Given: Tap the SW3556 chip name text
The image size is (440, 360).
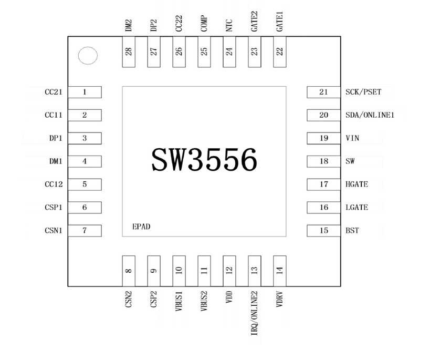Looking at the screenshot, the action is [204, 159].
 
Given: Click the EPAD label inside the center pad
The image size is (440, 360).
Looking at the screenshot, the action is [141, 227].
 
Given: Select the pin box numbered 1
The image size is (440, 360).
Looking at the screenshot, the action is [85, 92].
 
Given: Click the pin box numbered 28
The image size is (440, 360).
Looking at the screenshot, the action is [129, 52].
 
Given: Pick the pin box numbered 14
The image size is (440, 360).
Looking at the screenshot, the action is [280, 271].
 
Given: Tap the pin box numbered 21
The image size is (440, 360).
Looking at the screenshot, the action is [323, 92].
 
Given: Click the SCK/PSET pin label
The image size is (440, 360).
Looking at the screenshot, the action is [363, 92].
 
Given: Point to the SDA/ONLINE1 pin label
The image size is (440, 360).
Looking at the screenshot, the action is [370, 115].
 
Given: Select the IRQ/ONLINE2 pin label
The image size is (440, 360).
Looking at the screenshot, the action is [254, 313].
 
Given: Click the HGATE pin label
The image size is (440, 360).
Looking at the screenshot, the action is [357, 184].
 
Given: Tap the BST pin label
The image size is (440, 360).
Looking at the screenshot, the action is [352, 231].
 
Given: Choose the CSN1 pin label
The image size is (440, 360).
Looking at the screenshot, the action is [54, 231].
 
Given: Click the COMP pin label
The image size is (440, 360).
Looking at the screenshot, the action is [204, 24].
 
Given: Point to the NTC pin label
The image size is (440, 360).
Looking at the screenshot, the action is [229, 26].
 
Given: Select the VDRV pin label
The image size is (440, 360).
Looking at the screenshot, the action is [279, 300].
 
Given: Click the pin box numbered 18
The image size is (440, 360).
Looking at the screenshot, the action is [323, 161].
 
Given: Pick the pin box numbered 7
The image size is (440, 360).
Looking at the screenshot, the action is [85, 231].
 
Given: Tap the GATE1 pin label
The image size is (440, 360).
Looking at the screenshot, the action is [279, 22].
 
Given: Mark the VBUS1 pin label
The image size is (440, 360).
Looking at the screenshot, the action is [179, 301].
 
